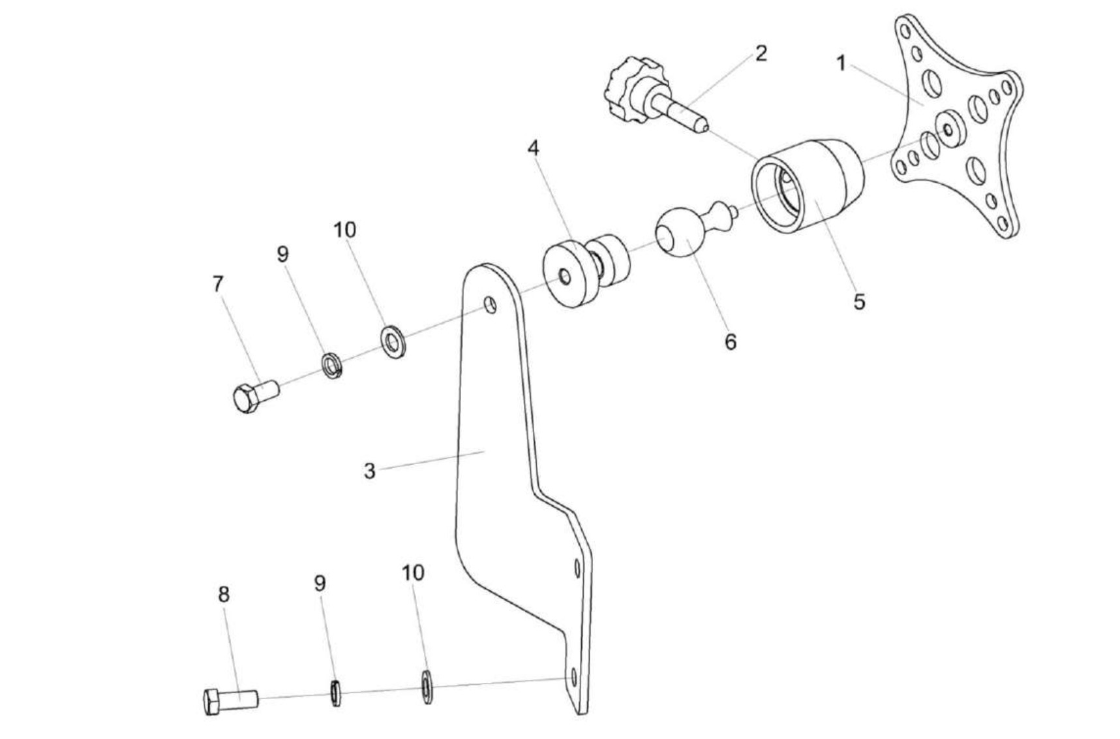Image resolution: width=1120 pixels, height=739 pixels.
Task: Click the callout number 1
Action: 841,63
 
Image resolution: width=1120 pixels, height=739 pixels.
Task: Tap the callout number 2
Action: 761,53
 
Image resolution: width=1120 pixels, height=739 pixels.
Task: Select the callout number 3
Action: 370,470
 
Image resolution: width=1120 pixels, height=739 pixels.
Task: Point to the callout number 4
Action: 534,148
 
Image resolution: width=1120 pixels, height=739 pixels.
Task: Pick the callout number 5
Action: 859,302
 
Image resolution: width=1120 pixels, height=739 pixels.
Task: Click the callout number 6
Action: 731,341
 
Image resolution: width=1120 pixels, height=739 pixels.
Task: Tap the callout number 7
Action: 218,284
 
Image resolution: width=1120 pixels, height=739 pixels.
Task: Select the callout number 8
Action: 224,594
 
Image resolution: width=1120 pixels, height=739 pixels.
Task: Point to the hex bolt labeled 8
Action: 229,700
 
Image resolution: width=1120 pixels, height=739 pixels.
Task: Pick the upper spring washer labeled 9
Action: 332,366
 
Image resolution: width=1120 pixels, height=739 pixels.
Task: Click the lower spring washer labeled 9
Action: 336,693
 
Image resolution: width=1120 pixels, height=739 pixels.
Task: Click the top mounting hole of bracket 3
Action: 490,304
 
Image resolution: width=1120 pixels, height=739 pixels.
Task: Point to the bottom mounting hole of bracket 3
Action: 573,677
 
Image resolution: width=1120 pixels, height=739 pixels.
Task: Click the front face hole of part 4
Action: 565,277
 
